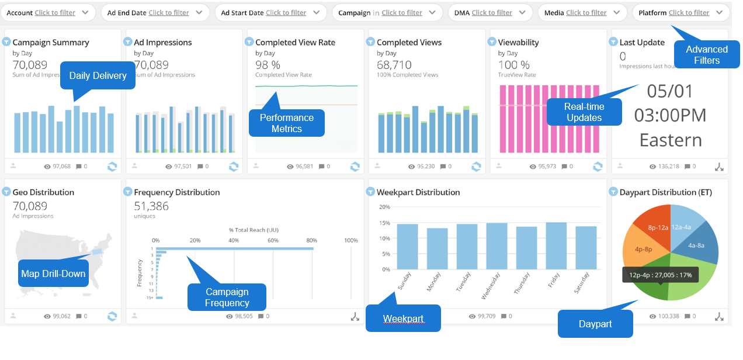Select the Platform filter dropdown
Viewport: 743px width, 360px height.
680,12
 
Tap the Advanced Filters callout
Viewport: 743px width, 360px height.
706,55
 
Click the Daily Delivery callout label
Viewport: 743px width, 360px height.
98,75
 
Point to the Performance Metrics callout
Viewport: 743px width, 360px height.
286,123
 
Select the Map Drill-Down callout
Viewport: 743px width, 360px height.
53,274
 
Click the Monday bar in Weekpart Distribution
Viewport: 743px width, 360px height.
437,248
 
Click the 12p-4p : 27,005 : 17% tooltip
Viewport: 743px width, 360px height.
660,275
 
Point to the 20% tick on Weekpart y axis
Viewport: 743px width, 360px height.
384,207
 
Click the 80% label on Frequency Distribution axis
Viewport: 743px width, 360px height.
311,240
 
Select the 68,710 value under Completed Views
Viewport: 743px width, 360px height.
394,65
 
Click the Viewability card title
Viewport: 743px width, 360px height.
518,42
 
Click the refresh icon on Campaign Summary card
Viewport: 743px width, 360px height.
112,167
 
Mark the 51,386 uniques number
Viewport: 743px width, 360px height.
151,206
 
